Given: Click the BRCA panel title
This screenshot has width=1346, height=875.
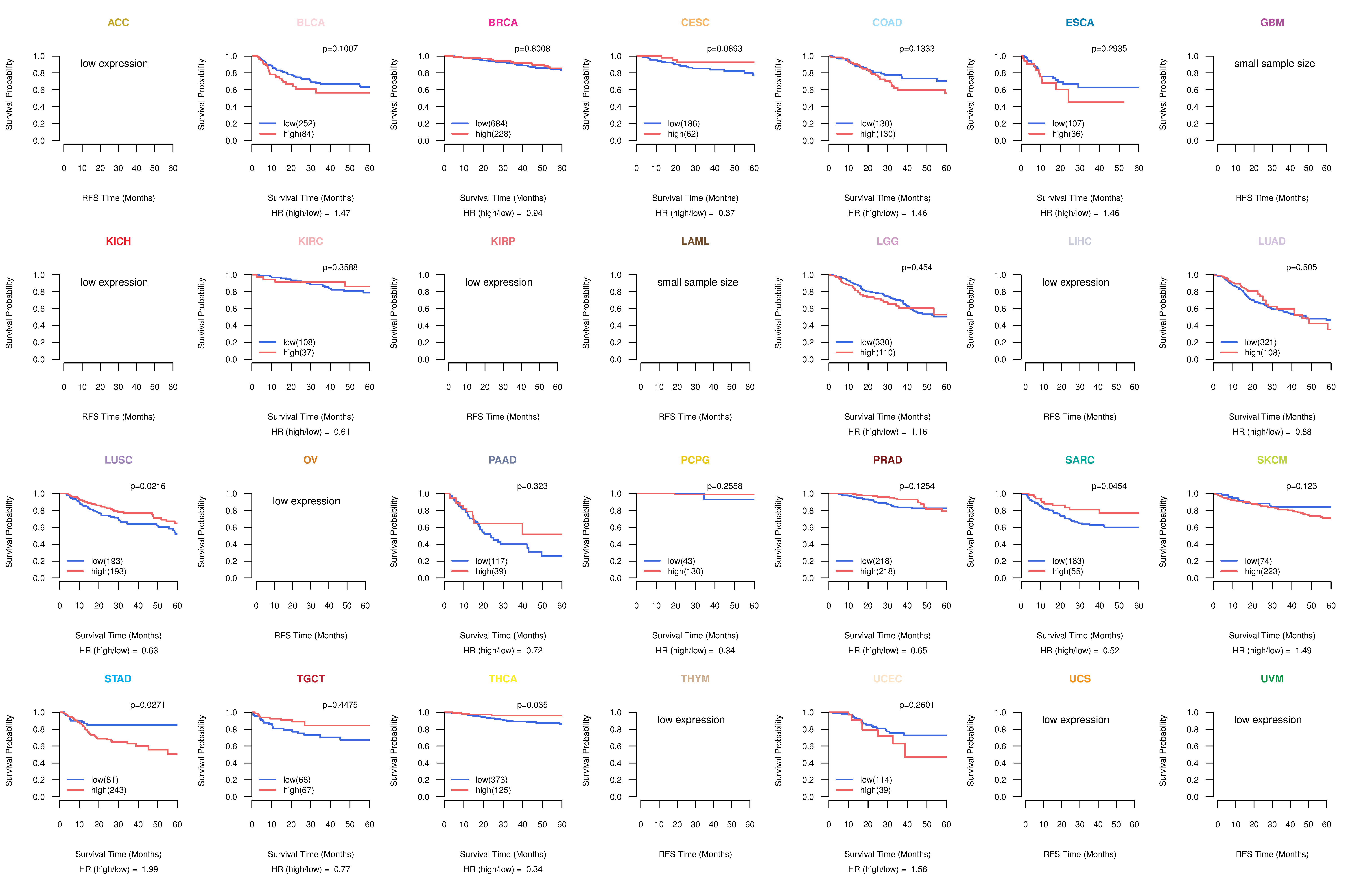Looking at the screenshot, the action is tap(503, 23).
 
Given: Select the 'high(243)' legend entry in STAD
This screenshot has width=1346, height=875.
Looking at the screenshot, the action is tap(109, 790).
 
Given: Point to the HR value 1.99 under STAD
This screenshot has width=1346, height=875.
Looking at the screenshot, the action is tap(150, 869).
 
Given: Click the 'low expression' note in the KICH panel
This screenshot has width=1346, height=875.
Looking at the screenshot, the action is tap(114, 282).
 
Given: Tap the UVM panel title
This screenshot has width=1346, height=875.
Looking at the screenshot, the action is tap(1272, 679).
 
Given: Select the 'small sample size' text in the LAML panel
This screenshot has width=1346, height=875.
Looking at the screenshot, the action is tap(697, 282).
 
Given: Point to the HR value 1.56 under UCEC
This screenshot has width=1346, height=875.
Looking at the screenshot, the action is tap(919, 869).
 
